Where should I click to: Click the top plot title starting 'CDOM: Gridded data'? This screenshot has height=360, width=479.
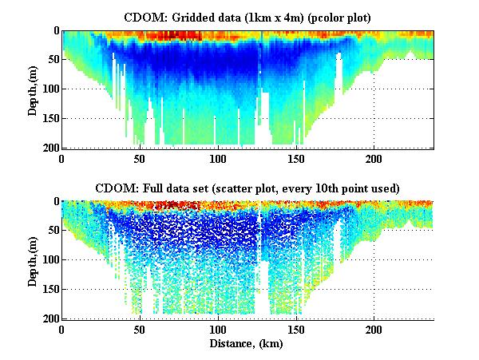point(248,17)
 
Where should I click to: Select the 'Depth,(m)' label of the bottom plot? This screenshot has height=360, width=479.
point(33,260)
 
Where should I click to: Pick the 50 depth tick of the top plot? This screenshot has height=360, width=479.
point(52,60)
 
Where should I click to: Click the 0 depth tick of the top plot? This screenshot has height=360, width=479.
point(55,30)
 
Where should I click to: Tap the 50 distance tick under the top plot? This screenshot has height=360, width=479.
point(140,158)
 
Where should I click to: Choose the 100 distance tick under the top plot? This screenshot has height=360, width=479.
point(217,158)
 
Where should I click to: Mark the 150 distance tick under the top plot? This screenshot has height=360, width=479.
point(295,158)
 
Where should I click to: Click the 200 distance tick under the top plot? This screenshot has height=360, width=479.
point(373,158)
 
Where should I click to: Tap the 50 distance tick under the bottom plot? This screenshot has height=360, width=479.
point(140,329)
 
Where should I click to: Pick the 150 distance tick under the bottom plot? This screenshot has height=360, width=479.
point(295,329)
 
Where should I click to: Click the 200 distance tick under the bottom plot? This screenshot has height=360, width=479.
point(373,329)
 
